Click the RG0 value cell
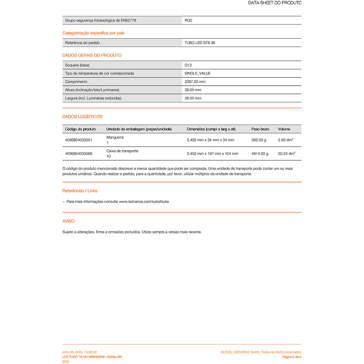click(188, 21)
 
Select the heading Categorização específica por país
click(93, 33)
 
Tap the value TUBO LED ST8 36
click(200, 43)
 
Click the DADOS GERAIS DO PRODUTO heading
click(92, 55)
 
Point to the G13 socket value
click(188, 65)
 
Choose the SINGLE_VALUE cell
click(198, 74)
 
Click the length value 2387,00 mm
click(195, 82)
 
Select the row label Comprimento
click(76, 82)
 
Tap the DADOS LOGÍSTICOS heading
click(82, 117)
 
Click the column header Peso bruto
click(260, 129)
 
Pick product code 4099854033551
click(79, 140)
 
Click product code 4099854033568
click(79, 154)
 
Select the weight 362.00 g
click(259, 140)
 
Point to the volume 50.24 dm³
click(287, 154)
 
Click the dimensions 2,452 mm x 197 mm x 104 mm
click(213, 154)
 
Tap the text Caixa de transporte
click(122, 151)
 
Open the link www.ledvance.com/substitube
click(144, 202)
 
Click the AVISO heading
click(69, 221)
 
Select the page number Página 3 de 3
click(291, 357)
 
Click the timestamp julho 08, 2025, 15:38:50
click(80, 352)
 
